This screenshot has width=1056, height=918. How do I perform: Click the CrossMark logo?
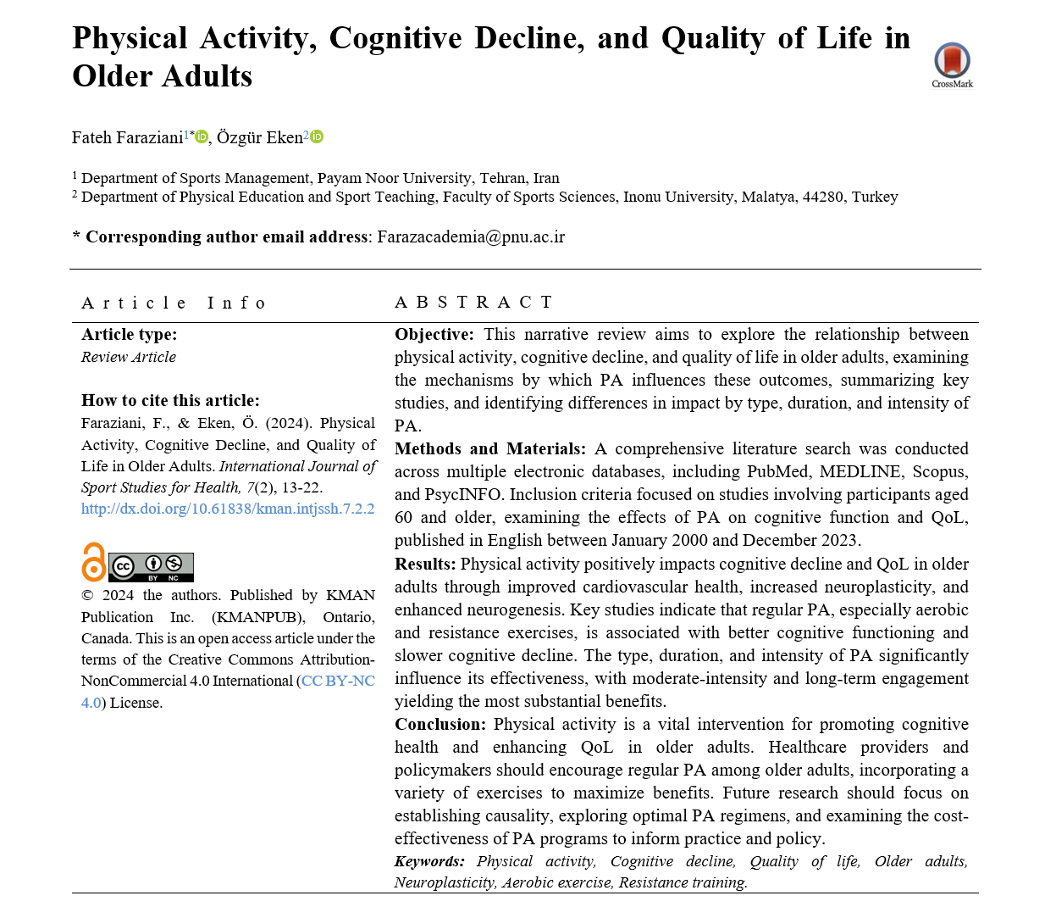point(952,63)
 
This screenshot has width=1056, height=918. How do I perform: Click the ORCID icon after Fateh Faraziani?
point(202,136)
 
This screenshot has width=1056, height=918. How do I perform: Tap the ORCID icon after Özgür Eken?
point(317,136)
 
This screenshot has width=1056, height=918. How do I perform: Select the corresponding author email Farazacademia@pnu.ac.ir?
point(470,236)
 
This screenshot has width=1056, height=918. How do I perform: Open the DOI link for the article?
point(228,509)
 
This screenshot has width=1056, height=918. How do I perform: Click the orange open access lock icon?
point(93,562)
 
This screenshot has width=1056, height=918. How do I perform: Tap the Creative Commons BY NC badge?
point(152,566)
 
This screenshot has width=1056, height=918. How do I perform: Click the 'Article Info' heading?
point(174,303)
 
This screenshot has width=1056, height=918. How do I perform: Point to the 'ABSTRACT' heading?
point(473,302)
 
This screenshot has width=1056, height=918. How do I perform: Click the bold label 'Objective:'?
point(434,334)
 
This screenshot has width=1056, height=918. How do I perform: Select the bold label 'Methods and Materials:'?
point(489,448)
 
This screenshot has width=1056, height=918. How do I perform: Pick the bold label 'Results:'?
point(425,564)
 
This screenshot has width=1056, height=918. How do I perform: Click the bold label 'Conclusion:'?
point(440,724)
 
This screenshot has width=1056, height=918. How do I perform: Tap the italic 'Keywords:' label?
point(429,861)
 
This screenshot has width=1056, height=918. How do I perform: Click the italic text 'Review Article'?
point(129,357)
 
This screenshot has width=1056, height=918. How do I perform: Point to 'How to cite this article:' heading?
point(170,400)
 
